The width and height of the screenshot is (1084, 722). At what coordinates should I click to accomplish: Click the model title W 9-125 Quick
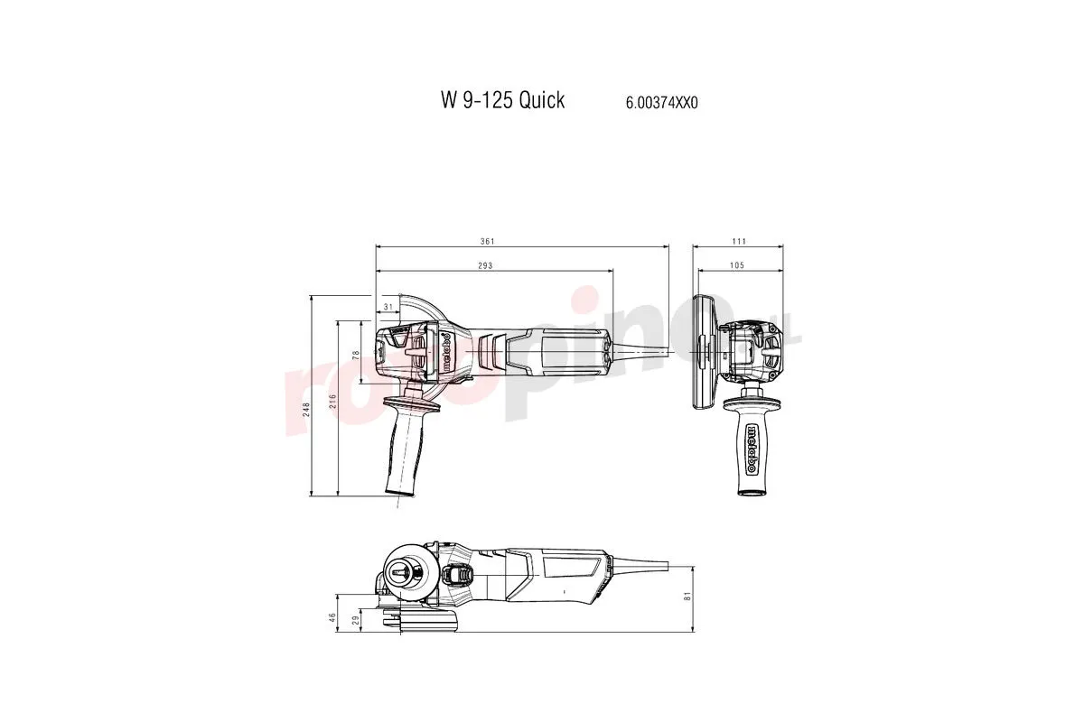(x=502, y=100)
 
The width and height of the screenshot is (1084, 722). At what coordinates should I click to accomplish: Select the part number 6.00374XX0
(x=661, y=103)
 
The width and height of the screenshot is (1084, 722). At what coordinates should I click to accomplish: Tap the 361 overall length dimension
(x=488, y=241)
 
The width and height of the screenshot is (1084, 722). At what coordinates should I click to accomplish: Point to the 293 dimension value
(x=487, y=265)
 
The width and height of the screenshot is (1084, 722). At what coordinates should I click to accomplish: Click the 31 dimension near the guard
(x=388, y=308)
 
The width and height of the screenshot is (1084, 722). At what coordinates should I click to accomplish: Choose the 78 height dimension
(x=355, y=356)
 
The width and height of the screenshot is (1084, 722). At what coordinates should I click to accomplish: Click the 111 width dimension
(x=739, y=241)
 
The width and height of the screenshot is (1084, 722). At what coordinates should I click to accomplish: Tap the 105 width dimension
(x=736, y=265)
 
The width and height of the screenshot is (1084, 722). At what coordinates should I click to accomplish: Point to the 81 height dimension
(x=687, y=597)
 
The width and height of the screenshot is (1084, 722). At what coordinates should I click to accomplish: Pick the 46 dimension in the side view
(x=332, y=617)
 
